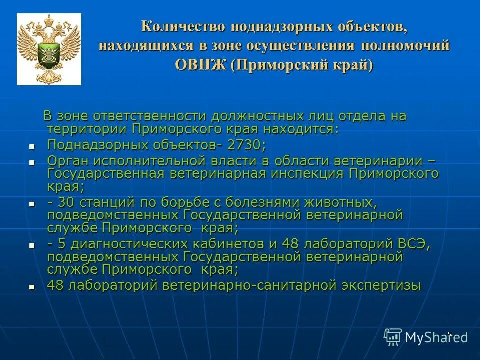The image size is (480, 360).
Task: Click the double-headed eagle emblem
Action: point(49,49)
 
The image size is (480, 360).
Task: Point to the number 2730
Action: point(247,145)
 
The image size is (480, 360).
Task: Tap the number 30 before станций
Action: point(65,202)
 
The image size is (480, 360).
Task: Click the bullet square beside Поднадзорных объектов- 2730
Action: point(32,147)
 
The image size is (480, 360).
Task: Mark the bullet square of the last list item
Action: point(32,287)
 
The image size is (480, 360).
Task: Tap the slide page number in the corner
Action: point(449,334)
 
